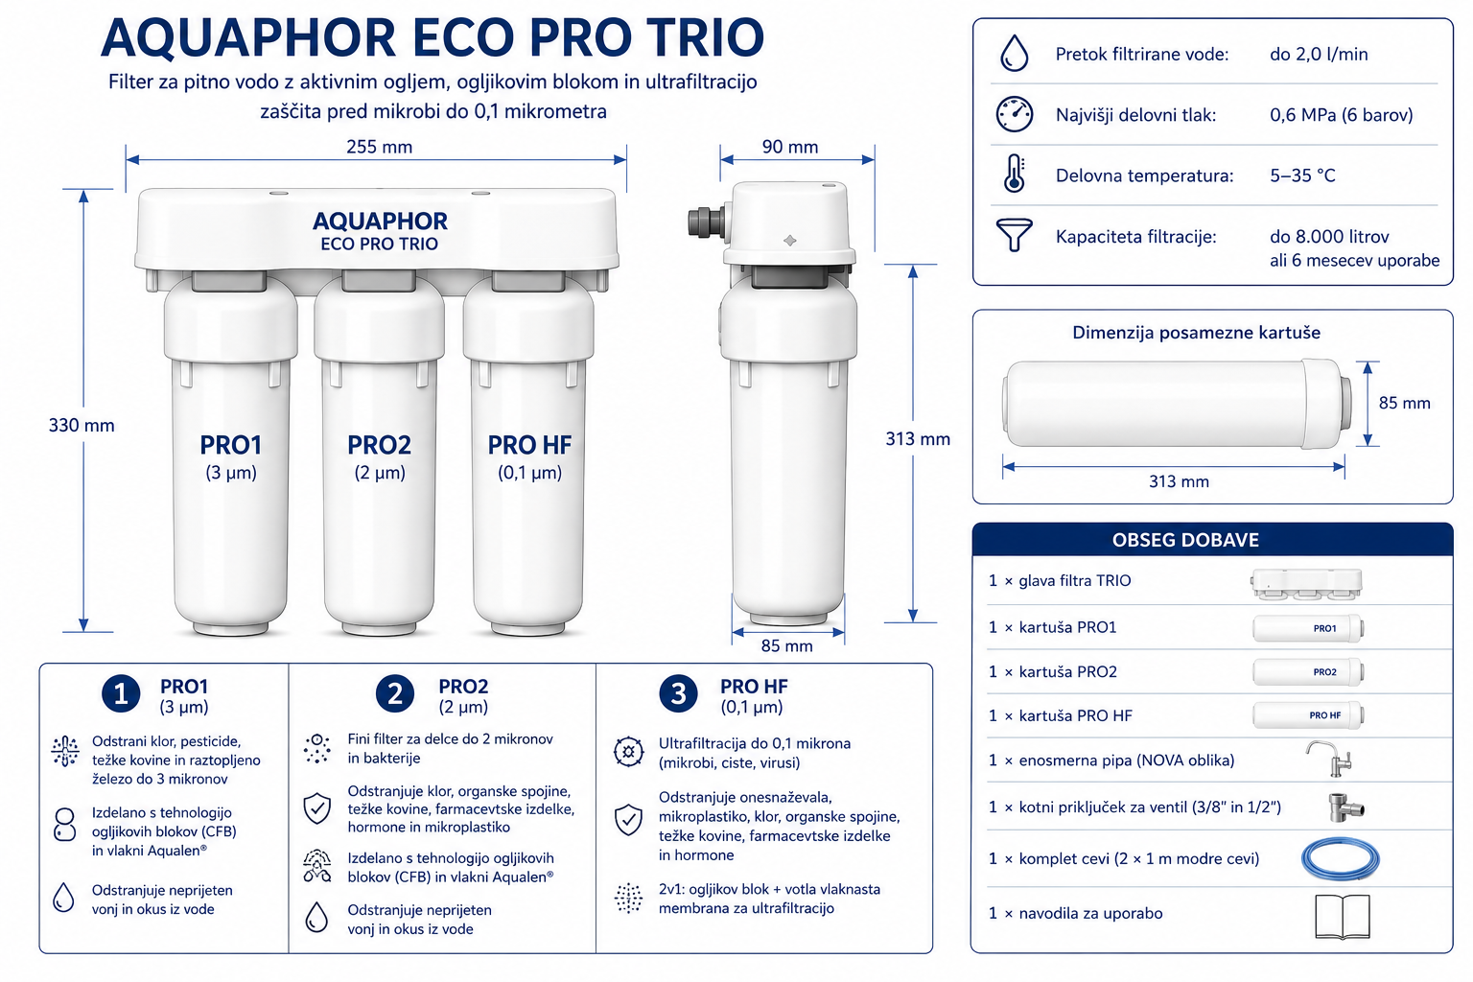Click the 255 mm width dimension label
pos(380,147)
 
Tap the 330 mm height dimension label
pos(82,426)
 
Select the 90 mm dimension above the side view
pos(790,147)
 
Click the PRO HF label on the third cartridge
pos(529,445)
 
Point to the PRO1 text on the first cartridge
pos(231,445)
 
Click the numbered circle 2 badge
pos(394,694)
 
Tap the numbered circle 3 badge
pos(678,694)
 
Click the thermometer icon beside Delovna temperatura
pos(1015,174)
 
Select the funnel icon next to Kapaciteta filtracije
pos(1014,235)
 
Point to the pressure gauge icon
pos(1014,114)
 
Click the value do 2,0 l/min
pos(1319,54)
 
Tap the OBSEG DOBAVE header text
pos(1185,540)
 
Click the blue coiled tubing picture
pos(1340,858)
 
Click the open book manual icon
pos(1343,916)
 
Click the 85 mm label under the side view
pos(786,646)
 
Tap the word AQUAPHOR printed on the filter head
pos(380,221)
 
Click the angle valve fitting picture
pos(1345,807)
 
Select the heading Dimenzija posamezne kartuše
pos(1196,333)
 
